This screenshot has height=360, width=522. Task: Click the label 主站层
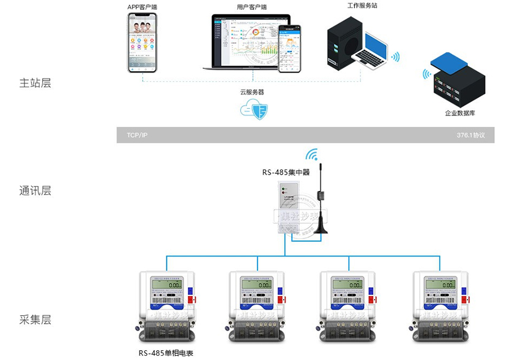(35, 83)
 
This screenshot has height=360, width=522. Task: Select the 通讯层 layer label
(35, 191)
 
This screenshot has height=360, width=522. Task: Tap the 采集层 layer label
(35, 320)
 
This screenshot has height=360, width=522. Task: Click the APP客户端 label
(142, 7)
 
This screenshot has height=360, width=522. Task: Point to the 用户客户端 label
(252, 7)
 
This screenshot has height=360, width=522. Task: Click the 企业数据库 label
(460, 113)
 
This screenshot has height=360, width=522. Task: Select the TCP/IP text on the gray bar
(137, 135)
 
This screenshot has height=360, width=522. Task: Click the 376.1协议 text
(470, 135)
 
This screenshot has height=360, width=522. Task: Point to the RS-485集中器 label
(286, 173)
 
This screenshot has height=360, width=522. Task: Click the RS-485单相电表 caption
(166, 353)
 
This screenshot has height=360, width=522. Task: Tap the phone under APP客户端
(142, 43)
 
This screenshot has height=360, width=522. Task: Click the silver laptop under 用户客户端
(242, 43)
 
